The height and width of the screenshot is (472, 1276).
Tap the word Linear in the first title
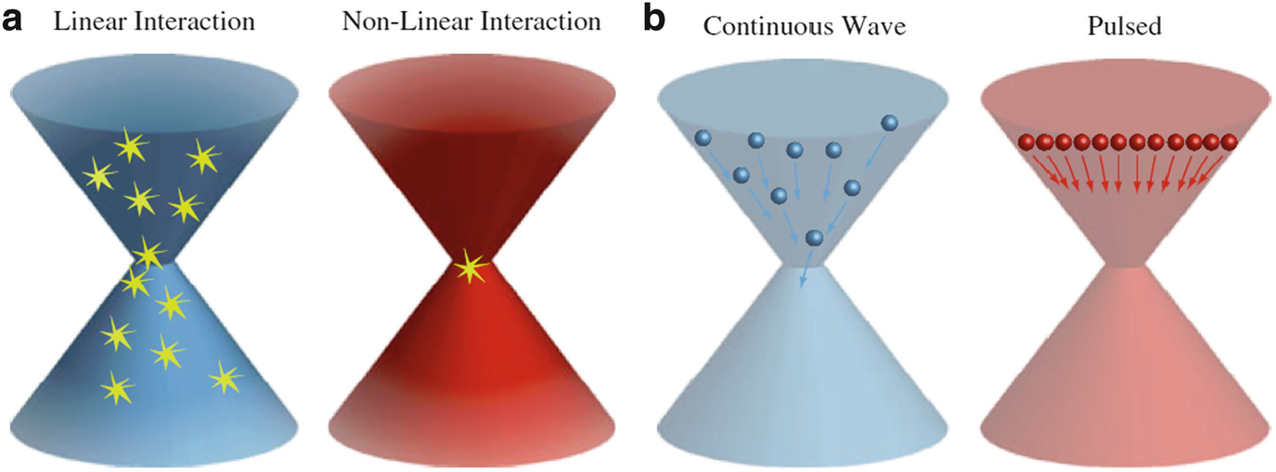pyautogui.click(x=88, y=21)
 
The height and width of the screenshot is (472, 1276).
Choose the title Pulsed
pyautogui.click(x=1124, y=24)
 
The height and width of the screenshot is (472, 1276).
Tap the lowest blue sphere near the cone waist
pyautogui.click(x=814, y=239)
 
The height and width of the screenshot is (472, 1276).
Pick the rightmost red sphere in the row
pyautogui.click(x=1230, y=142)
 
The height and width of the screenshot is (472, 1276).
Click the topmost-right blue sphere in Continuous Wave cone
pyautogui.click(x=889, y=122)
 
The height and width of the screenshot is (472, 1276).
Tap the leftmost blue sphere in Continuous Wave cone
pyautogui.click(x=702, y=138)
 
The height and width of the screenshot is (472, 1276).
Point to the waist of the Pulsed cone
pyautogui.click(x=1128, y=266)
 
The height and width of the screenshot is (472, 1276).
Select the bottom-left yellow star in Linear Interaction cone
pyautogui.click(x=115, y=389)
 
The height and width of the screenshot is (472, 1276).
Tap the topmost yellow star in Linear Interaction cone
pyautogui.click(x=131, y=144)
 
